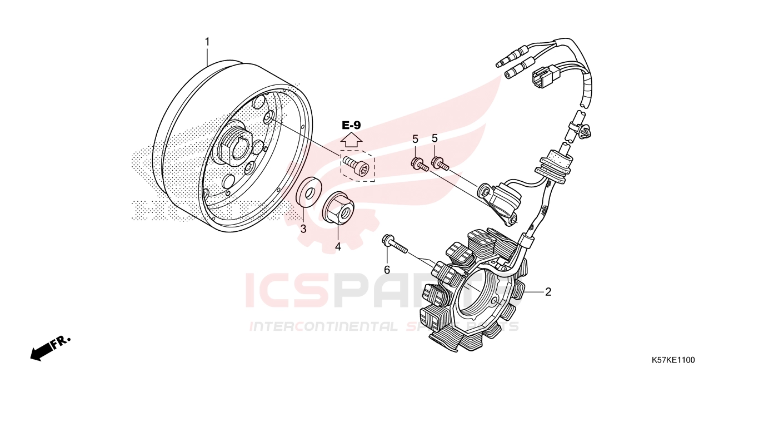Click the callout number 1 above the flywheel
(207, 42)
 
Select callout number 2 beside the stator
(548, 292)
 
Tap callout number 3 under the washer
(303, 229)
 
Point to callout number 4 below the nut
(338, 246)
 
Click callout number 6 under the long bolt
(387, 270)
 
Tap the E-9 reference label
(351, 125)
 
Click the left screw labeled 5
(420, 165)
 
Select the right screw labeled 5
(440, 163)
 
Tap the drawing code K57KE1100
(673, 360)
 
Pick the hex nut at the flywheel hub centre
(233, 148)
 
